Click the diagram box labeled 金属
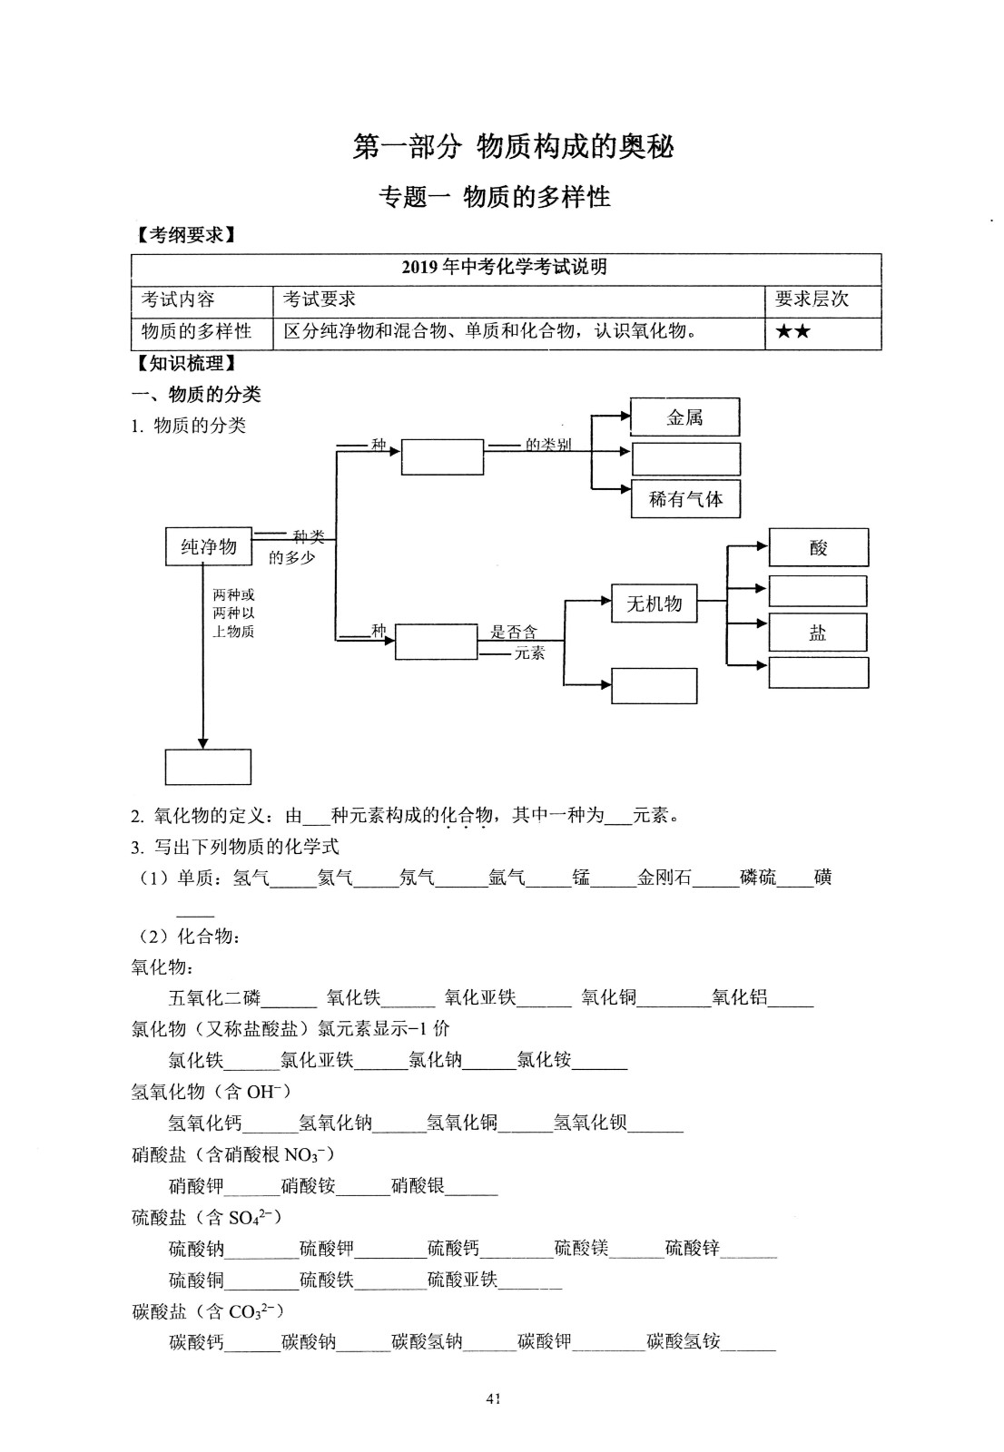pyautogui.click(x=684, y=417)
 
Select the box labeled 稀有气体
pyautogui.click(x=685, y=499)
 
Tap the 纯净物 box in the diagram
pyautogui.click(x=208, y=546)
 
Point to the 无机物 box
pyautogui.click(x=654, y=603)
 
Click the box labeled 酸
pyautogui.click(x=819, y=548)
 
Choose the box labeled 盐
pyautogui.click(x=818, y=632)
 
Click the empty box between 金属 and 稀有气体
pyautogui.click(x=686, y=459)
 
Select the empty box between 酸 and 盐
pyautogui.click(x=818, y=591)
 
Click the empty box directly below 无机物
pyautogui.click(x=654, y=686)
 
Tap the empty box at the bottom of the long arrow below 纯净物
pyautogui.click(x=208, y=767)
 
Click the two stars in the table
pyautogui.click(x=792, y=332)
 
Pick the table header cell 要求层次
pyautogui.click(x=812, y=299)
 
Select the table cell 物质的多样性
pyautogui.click(x=196, y=331)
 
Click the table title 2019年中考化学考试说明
pyautogui.click(x=505, y=267)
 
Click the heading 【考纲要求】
pyautogui.click(x=185, y=235)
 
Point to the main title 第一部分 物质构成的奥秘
pyautogui.click(x=514, y=146)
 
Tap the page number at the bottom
pyautogui.click(x=493, y=1398)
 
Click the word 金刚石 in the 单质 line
pyautogui.click(x=664, y=878)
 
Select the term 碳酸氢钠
pyautogui.click(x=427, y=1341)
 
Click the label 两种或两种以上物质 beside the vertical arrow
pyautogui.click(x=233, y=613)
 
